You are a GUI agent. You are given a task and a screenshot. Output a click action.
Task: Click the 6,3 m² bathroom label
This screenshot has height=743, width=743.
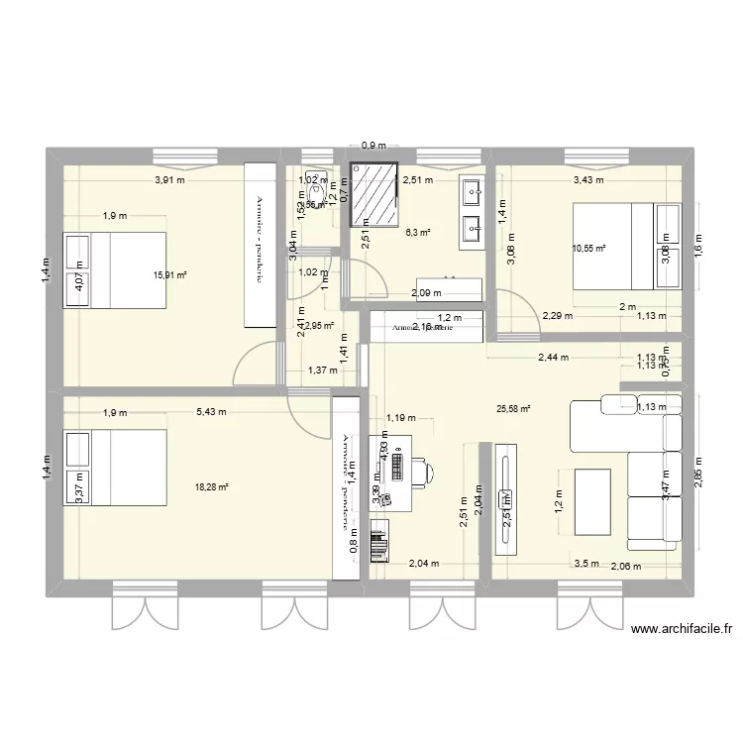coord(418,233)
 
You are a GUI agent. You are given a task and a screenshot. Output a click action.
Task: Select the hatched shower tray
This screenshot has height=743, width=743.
coord(372,195)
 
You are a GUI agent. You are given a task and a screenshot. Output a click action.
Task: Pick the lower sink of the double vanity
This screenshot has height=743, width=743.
coord(471,229)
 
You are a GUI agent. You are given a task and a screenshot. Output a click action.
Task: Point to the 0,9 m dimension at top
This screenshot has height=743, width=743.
coord(372,147)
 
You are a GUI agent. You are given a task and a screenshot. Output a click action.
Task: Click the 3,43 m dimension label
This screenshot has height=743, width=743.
coord(588,180)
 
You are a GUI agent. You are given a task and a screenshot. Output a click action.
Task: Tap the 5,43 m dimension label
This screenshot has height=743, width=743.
coord(210,412)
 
